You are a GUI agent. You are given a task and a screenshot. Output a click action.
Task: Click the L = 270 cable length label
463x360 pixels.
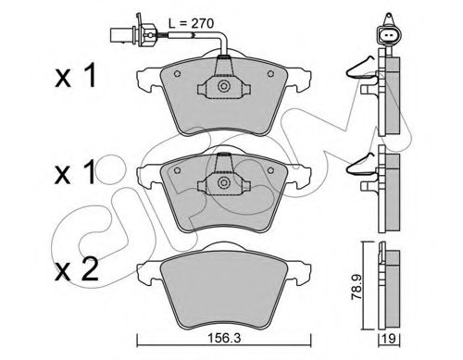pyautogui.click(x=192, y=23)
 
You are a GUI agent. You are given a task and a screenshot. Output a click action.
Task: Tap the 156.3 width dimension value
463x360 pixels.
pyautogui.click(x=224, y=339)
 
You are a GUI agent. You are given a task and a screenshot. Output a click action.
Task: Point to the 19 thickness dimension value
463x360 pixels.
pyautogui.click(x=390, y=339)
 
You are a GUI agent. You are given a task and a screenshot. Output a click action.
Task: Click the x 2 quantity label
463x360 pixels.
pyautogui.click(x=76, y=269)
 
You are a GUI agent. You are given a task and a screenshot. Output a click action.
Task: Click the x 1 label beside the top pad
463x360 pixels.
pyautogui.click(x=76, y=75)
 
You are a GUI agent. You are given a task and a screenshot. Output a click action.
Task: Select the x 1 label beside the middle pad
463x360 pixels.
pyautogui.click(x=75, y=173)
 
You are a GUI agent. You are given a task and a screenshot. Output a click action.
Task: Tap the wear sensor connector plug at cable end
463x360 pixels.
pyautogui.click(x=133, y=33)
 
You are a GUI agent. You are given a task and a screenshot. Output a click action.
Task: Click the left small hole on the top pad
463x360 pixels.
pyautogui.click(x=177, y=74)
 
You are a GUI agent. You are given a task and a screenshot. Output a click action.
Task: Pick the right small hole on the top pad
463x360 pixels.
pyautogui.click(x=270, y=73)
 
